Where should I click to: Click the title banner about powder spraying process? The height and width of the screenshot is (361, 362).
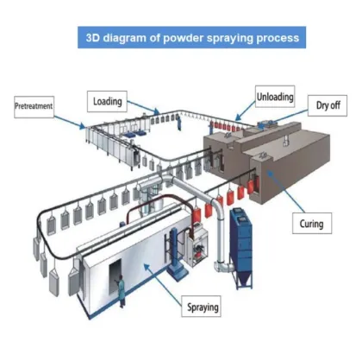(192, 38)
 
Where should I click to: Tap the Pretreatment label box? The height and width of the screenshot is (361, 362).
(34, 106)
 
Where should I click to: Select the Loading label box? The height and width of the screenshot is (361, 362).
(107, 101)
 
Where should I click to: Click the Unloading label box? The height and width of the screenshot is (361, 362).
(275, 98)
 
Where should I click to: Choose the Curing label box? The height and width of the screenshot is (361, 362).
(311, 224)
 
